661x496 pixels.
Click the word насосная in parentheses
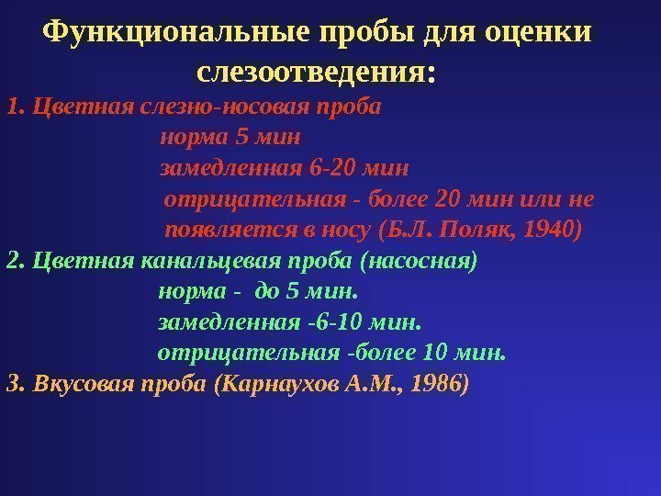tap(420, 260)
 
